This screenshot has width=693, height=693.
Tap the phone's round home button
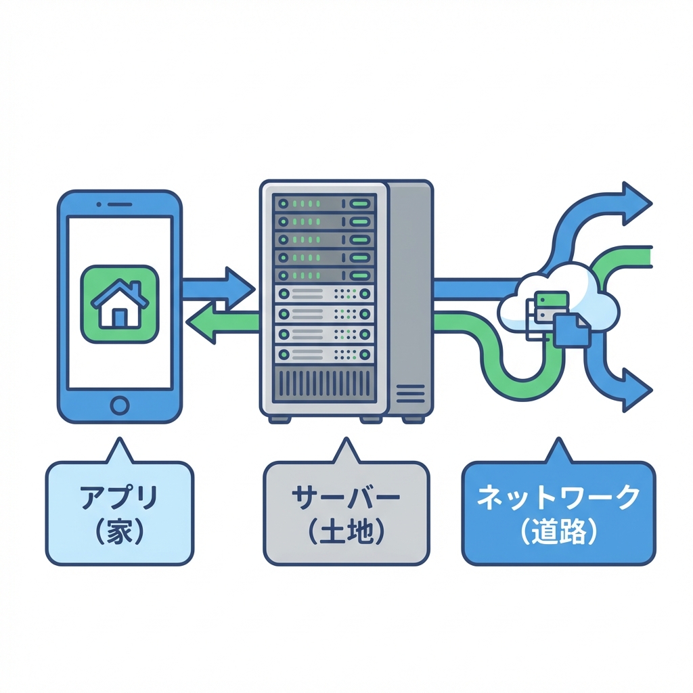pyautogui.click(x=119, y=405)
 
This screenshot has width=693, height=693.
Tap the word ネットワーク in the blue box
pyautogui.click(x=558, y=497)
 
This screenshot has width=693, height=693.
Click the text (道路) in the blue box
pyautogui.click(x=558, y=532)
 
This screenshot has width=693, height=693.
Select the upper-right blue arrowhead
pyautogui.click(x=635, y=203)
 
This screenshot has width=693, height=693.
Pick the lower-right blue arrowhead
pyautogui.click(x=635, y=390)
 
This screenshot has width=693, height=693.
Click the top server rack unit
pyautogui.click(x=323, y=203)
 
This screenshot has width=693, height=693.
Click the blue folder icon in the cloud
pyautogui.click(x=571, y=330)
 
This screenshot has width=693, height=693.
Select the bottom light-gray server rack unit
pyautogui.click(x=323, y=353)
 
